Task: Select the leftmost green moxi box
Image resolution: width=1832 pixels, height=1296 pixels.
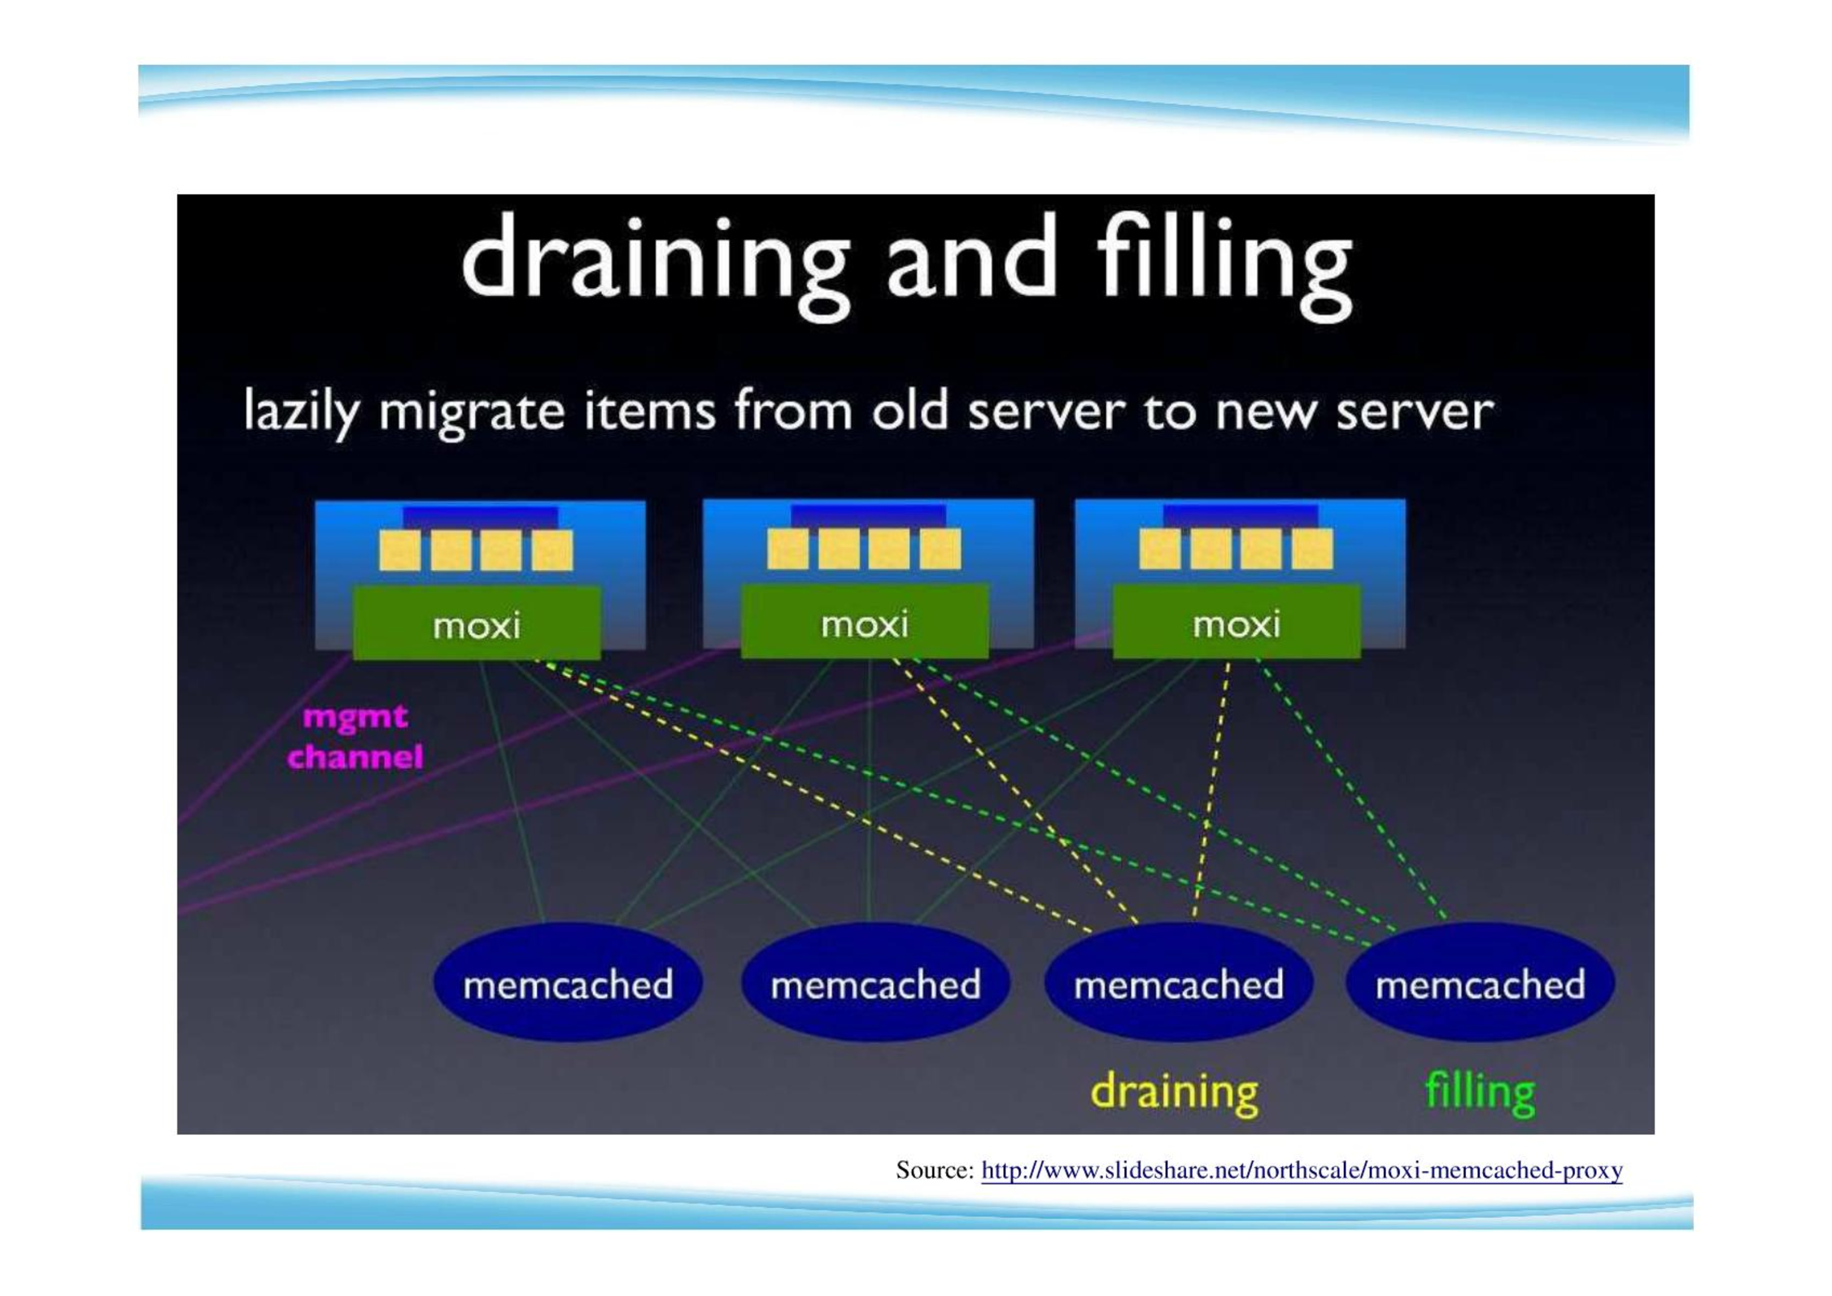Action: tap(477, 624)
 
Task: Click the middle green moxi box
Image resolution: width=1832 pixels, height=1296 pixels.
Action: tap(865, 622)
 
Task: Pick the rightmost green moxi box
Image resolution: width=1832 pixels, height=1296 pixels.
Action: tap(1237, 622)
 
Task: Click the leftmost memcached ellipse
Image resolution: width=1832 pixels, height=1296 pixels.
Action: tap(568, 983)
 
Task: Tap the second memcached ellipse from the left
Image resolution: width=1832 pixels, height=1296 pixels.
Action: tap(875, 983)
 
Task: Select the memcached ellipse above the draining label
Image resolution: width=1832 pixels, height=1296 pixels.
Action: tap(1179, 983)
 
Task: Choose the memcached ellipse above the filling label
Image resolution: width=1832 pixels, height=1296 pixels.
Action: tap(1481, 983)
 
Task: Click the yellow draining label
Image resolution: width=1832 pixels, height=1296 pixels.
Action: tap(1174, 1093)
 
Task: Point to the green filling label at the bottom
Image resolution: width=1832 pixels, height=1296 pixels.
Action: tap(1480, 1093)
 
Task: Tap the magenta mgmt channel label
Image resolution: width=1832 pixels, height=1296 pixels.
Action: tap(355, 737)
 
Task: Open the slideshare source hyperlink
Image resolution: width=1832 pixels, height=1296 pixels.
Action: tap(1302, 1171)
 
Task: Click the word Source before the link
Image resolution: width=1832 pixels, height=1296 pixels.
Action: tap(935, 1171)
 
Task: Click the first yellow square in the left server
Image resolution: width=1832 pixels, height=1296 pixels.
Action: tap(400, 550)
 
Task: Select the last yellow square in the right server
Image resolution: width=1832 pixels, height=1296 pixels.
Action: tap(1312, 549)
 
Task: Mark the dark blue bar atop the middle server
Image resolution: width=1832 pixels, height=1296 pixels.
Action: tap(868, 515)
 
